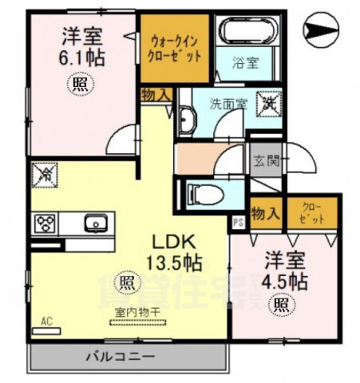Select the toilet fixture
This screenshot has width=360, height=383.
pyautogui.click(x=200, y=192)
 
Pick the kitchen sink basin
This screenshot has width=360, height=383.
pyautogui.click(x=95, y=223)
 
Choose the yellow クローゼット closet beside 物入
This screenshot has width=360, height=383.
pyautogui.click(x=311, y=212)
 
